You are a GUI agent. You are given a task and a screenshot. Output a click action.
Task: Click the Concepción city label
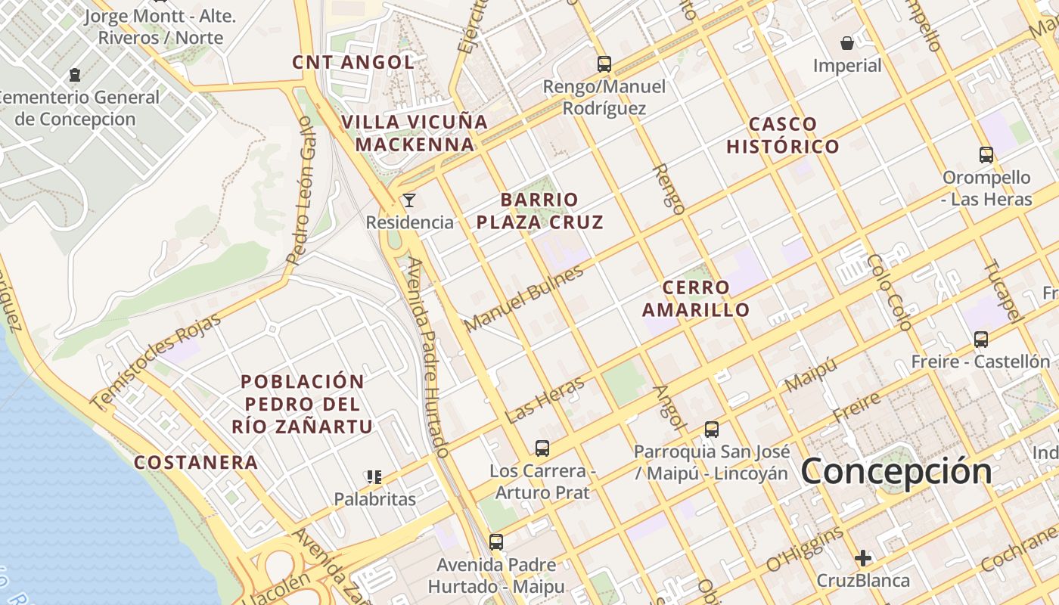pos(896,471)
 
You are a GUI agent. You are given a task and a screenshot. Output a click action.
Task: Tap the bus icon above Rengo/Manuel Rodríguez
pos(604,64)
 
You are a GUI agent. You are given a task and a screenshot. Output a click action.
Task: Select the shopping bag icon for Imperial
pos(847,43)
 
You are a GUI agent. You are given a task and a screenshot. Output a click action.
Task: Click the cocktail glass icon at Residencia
pos(409,200)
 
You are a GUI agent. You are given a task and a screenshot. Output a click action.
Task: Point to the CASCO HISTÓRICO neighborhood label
pos(783,135)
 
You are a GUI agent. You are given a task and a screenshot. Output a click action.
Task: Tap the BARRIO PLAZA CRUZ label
pos(551,211)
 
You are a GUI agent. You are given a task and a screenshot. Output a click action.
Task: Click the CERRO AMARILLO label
pos(696,299)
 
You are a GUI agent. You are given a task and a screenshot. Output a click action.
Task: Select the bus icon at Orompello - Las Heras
pos(986,155)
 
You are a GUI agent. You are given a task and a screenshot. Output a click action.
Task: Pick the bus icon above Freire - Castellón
pos(981,340)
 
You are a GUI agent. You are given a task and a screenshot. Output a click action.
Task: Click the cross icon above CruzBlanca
pos(863,559)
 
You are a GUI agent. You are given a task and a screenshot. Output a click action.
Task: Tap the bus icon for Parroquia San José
pos(711,430)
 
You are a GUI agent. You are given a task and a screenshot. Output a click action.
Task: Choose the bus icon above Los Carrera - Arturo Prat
pos(542,448)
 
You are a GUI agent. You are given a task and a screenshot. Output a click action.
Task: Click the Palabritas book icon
pos(374,476)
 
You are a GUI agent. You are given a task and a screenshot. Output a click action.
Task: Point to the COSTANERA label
pos(196,463)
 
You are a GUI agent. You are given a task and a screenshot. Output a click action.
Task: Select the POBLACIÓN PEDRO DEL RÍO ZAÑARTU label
pos(303,404)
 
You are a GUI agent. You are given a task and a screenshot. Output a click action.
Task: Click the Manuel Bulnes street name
pos(524,298)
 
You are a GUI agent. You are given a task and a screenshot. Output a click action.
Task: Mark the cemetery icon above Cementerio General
pos(75,75)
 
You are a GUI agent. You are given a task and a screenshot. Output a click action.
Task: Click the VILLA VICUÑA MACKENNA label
pos(415,133)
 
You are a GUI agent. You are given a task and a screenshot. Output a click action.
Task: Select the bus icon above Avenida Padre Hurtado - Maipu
pos(496,542)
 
